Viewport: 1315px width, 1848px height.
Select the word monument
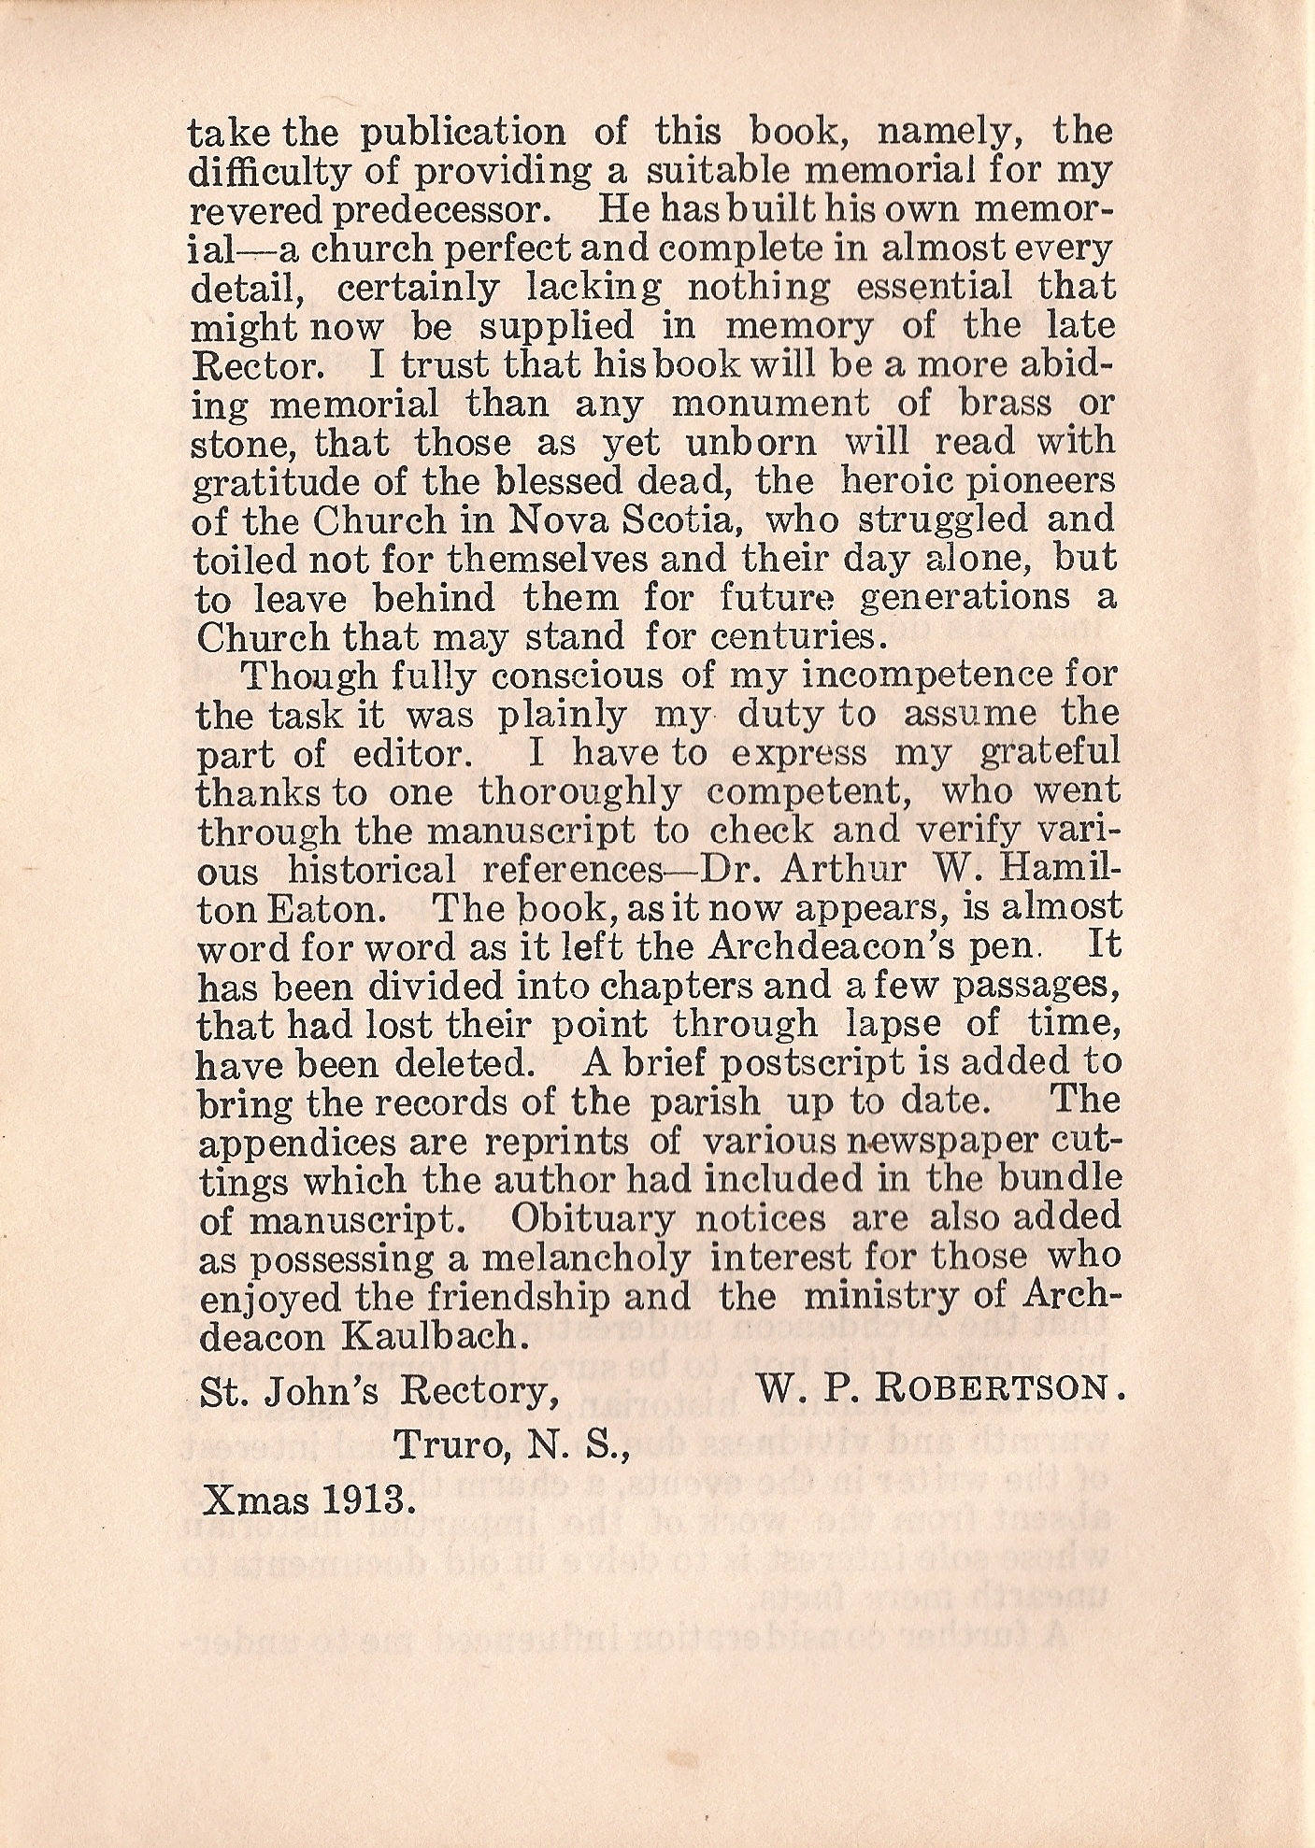770,405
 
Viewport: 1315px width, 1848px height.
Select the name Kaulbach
431,1336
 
